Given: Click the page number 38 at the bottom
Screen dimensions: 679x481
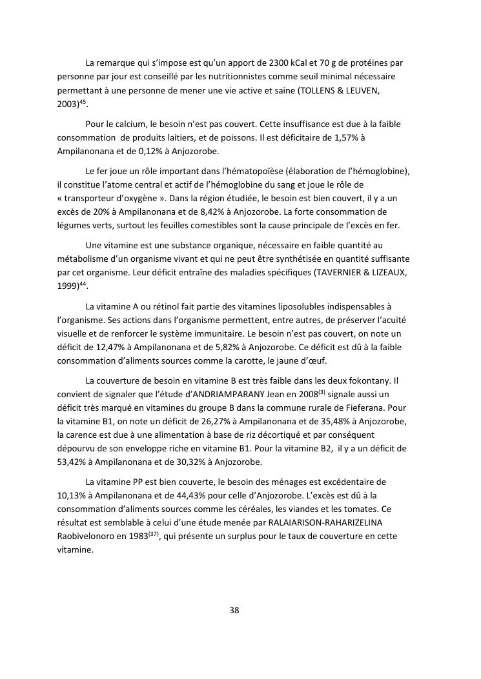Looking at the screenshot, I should [234, 610].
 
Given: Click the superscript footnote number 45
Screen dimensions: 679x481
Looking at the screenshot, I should [82, 102].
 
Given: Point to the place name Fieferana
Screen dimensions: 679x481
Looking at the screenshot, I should [358, 408].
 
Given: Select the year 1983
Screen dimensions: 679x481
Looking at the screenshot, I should [138, 536].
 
